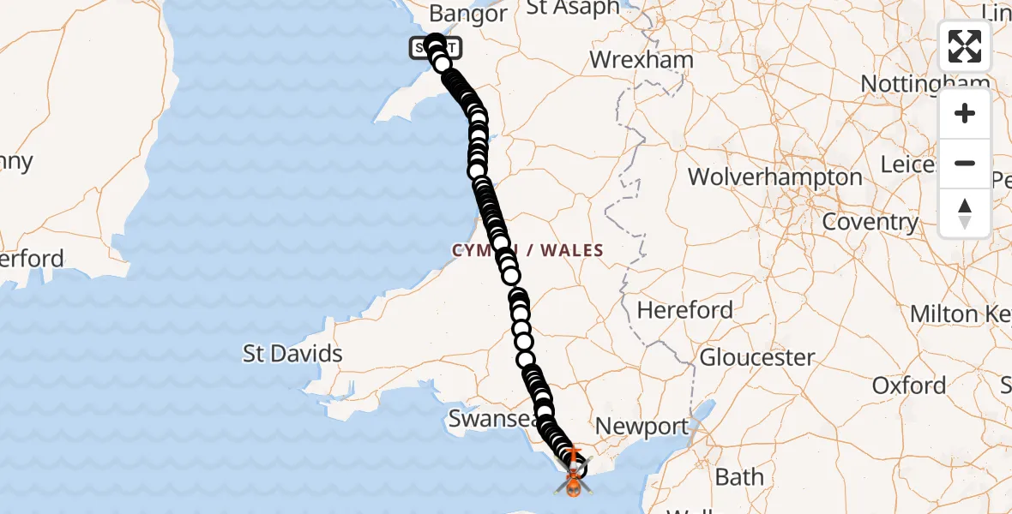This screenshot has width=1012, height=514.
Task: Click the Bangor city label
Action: click(x=468, y=14)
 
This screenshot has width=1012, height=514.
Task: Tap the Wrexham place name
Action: click(x=642, y=60)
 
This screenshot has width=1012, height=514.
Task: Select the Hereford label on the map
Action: click(x=685, y=309)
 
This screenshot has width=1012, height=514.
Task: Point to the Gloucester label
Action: click(x=757, y=356)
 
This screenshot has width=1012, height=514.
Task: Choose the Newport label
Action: click(x=642, y=426)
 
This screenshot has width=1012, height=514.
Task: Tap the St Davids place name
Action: click(x=292, y=353)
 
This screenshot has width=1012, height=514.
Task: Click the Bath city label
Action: click(x=739, y=476)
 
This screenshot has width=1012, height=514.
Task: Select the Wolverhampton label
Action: click(x=775, y=177)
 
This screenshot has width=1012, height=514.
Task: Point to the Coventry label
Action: click(x=870, y=222)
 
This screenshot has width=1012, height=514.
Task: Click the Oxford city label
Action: click(x=909, y=385)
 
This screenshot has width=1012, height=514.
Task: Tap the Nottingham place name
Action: click(x=925, y=84)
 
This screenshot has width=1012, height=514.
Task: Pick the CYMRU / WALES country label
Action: click(x=529, y=250)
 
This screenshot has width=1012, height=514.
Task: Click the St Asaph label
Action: click(x=573, y=8)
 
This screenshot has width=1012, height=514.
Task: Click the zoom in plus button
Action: click(x=965, y=114)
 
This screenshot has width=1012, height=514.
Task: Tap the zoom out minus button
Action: click(x=965, y=163)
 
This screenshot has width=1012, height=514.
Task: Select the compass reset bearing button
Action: click(x=965, y=212)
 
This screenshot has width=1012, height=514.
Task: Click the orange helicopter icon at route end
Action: click(x=571, y=485)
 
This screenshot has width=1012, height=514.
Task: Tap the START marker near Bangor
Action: click(x=437, y=48)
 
